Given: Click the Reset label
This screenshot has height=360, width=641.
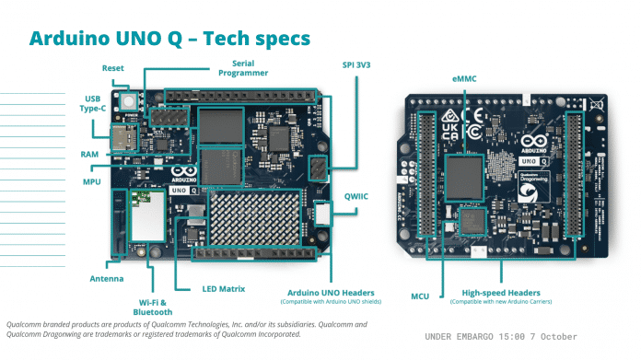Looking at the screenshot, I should click(x=114, y=68).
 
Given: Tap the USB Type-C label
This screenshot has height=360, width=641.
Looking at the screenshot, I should click(x=92, y=102).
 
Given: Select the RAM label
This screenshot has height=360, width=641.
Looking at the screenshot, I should click(x=90, y=154).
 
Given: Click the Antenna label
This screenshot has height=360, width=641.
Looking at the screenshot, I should click(x=107, y=278).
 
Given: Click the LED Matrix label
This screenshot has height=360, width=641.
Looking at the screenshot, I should click(x=224, y=288).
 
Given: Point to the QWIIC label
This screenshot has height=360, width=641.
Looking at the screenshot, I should click(x=360, y=195).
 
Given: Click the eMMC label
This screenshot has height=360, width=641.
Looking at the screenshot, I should click(x=463, y=81).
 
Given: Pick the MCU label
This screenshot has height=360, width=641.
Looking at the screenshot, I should click(x=421, y=296).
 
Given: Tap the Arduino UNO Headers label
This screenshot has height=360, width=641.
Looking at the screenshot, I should click(x=326, y=292).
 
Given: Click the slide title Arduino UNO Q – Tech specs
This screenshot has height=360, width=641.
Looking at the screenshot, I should click(x=170, y=38).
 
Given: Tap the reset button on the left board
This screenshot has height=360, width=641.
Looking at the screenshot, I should click(x=127, y=99).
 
